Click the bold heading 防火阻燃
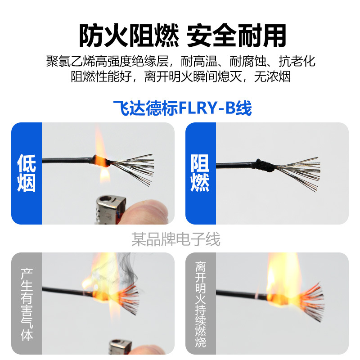(129, 36)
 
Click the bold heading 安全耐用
(237, 36)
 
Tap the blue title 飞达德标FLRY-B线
(183, 108)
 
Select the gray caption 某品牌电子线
(176, 239)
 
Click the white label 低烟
(27, 173)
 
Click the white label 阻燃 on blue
(200, 173)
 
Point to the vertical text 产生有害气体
(27, 304)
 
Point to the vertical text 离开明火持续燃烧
(200, 304)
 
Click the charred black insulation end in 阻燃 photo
(264, 165)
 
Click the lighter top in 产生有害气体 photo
(120, 346)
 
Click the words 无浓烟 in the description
(272, 76)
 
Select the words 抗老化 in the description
(297, 62)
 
